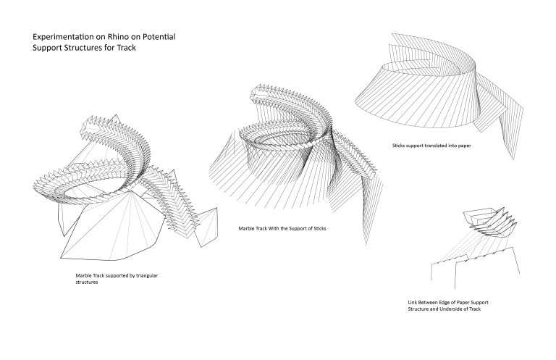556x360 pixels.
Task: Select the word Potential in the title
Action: point(159,37)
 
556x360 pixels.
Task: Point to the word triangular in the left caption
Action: point(147,275)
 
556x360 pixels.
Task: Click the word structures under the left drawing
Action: point(87,282)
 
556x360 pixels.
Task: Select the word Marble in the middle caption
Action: point(245,228)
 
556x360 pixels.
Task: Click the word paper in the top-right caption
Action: point(464,146)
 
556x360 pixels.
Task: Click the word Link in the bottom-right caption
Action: point(412,303)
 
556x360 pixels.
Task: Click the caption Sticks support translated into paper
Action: point(431,146)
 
